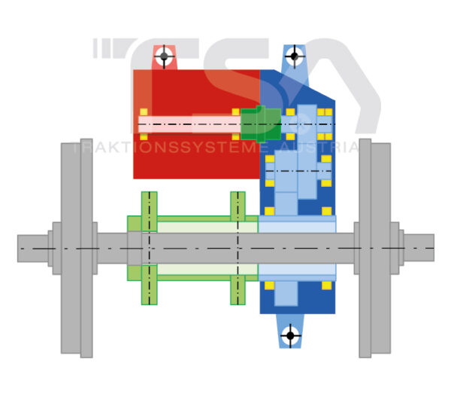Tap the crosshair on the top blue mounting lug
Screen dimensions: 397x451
point(294,55)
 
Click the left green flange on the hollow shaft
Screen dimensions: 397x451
point(150,249)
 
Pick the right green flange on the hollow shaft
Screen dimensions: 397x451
point(238,249)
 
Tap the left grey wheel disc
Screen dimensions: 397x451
point(71,249)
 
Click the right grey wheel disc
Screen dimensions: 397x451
point(380,249)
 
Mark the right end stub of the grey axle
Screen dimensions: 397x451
point(424,249)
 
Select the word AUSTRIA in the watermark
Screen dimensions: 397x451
point(315,147)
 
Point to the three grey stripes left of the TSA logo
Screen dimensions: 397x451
point(101,48)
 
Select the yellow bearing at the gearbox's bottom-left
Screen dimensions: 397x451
point(270,286)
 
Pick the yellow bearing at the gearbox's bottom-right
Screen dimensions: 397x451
point(326,286)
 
